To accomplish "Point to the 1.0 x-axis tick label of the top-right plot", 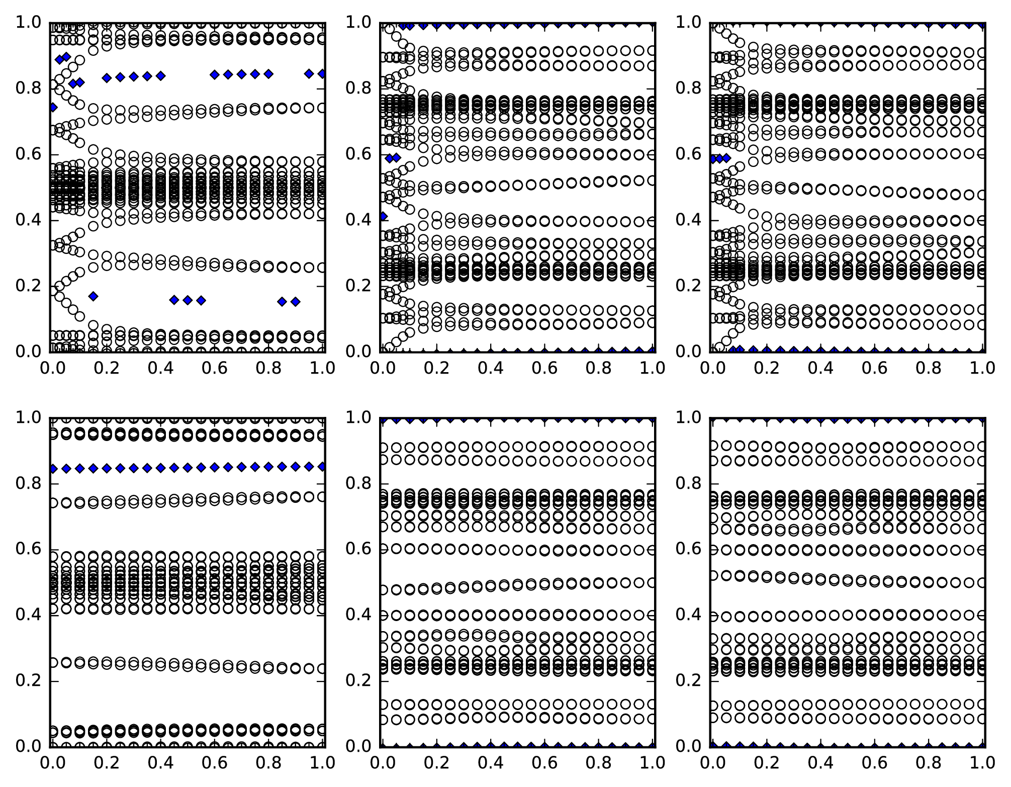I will (982, 368).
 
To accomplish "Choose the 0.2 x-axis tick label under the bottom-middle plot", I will (435, 763).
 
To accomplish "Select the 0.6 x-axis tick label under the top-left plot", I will (215, 368).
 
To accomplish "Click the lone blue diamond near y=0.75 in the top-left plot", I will (52, 107).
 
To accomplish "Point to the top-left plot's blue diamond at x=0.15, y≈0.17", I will (93, 296).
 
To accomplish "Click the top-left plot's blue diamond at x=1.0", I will (322, 74).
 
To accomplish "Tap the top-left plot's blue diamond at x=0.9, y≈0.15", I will (295, 302).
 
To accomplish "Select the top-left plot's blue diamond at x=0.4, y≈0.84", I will (160, 76).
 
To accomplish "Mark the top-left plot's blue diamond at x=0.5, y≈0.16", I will (188, 300).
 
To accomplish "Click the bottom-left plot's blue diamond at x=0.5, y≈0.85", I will (188, 467).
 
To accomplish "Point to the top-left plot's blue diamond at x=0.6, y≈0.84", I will (215, 74).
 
